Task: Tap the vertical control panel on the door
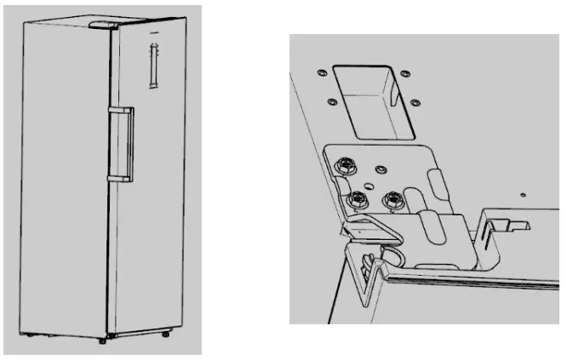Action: tap(153, 68)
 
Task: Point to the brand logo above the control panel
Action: tap(155, 38)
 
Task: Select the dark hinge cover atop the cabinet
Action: tap(101, 26)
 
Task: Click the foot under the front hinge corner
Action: tap(102, 340)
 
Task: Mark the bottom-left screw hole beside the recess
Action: tap(329, 100)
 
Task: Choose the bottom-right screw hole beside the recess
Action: tap(415, 103)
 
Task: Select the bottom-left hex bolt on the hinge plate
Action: tap(357, 200)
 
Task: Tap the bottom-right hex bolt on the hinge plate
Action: tap(393, 201)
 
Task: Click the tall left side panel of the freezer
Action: tap(64, 179)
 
